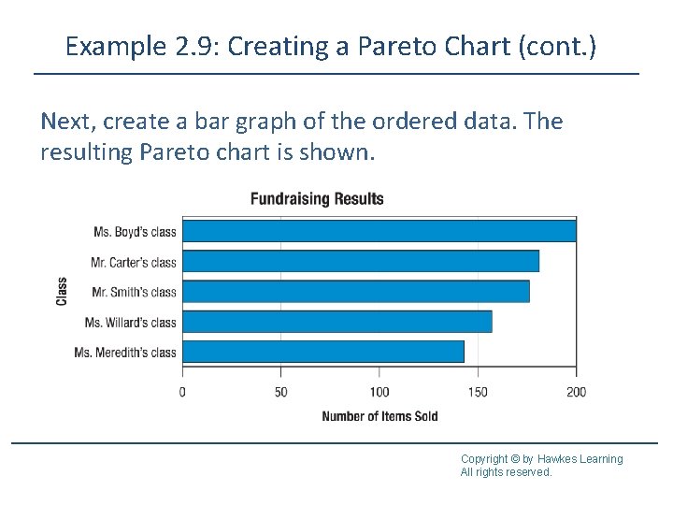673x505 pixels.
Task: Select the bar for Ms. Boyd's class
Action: click(379, 231)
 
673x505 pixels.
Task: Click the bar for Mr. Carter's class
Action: click(360, 261)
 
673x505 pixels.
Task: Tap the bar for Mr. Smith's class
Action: click(355, 292)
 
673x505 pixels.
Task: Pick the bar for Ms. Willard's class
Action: click(336, 322)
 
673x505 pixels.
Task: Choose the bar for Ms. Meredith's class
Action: click(322, 352)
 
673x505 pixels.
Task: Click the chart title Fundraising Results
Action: click(317, 198)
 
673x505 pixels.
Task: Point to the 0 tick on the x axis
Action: click(182, 392)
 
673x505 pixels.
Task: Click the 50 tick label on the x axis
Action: click(280, 392)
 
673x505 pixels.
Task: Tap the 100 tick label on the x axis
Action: click(379, 392)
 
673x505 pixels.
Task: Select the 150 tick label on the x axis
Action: click(478, 392)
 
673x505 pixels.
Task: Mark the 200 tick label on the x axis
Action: click(577, 392)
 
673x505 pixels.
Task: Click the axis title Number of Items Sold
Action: click(379, 416)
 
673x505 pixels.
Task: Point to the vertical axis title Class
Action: click(62, 291)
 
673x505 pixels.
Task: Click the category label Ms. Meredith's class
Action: click(125, 353)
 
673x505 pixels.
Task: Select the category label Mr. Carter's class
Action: click(134, 262)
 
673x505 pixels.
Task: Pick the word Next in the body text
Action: click(66, 123)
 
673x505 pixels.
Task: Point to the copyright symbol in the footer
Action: click(514, 459)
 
